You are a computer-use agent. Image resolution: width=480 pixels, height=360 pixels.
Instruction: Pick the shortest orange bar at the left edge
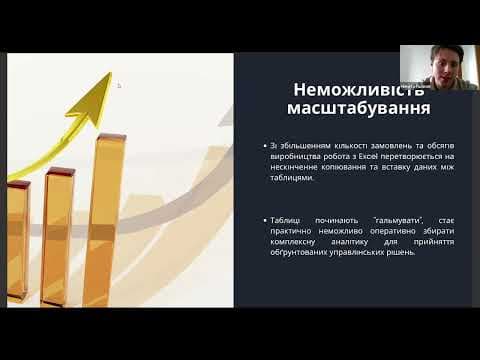(x=16, y=240)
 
